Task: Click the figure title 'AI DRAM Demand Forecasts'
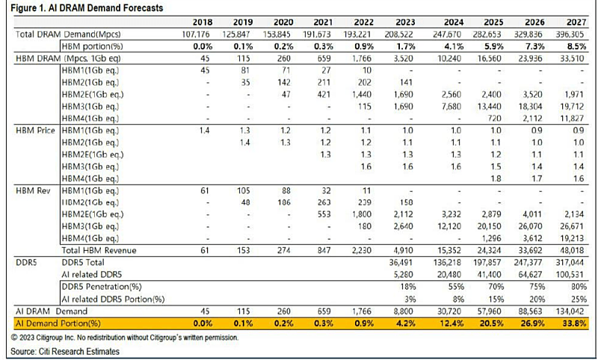pos(108,7)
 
